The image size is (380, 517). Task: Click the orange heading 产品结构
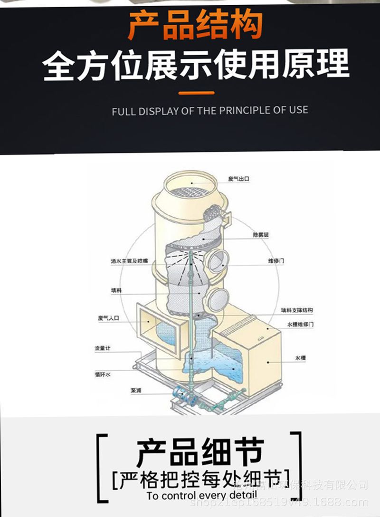[x=195, y=27]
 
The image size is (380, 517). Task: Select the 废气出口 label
[x=238, y=179]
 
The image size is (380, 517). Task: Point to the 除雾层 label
[x=261, y=235]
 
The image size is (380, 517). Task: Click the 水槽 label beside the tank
[x=300, y=357]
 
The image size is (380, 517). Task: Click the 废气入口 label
[x=108, y=318]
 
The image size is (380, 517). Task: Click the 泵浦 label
[x=136, y=391]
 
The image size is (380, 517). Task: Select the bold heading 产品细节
[x=200, y=452]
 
